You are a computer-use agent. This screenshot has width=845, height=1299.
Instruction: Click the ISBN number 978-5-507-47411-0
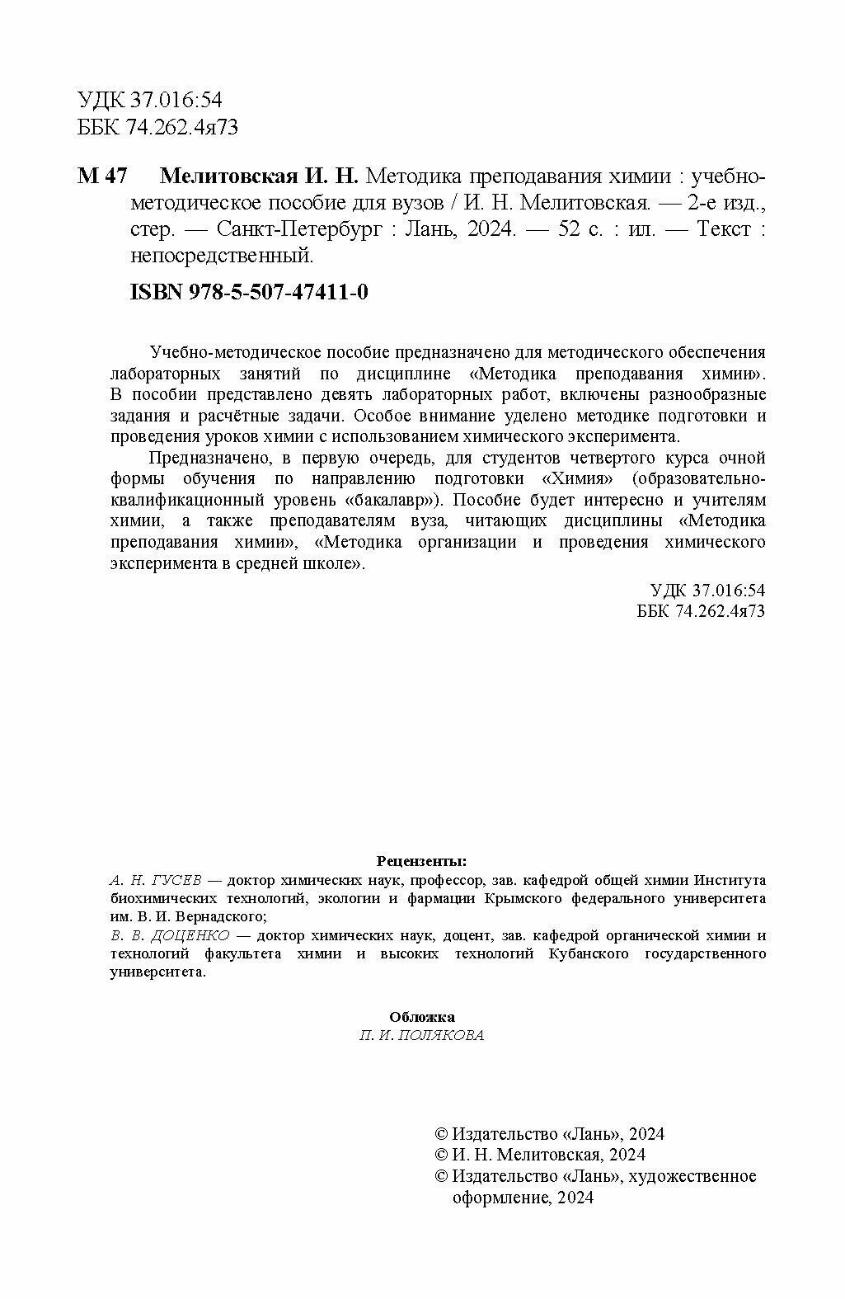280,292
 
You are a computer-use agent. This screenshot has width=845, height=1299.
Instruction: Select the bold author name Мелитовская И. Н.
258,176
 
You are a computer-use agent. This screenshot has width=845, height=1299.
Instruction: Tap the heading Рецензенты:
421,862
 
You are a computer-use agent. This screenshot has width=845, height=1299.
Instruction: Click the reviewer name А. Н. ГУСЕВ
156,880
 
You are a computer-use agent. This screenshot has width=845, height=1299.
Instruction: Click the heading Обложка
421,1017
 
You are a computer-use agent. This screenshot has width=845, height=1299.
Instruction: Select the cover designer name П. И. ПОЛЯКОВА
421,1036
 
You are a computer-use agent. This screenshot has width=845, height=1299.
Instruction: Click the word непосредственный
222,256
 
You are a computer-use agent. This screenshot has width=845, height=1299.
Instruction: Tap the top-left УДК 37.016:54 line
150,100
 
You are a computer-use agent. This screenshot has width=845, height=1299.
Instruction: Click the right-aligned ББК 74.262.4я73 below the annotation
702,610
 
